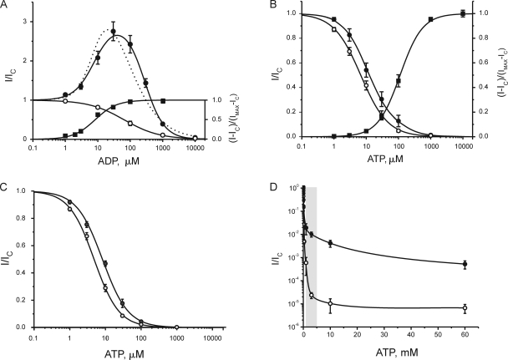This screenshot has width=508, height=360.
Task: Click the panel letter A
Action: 6,7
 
